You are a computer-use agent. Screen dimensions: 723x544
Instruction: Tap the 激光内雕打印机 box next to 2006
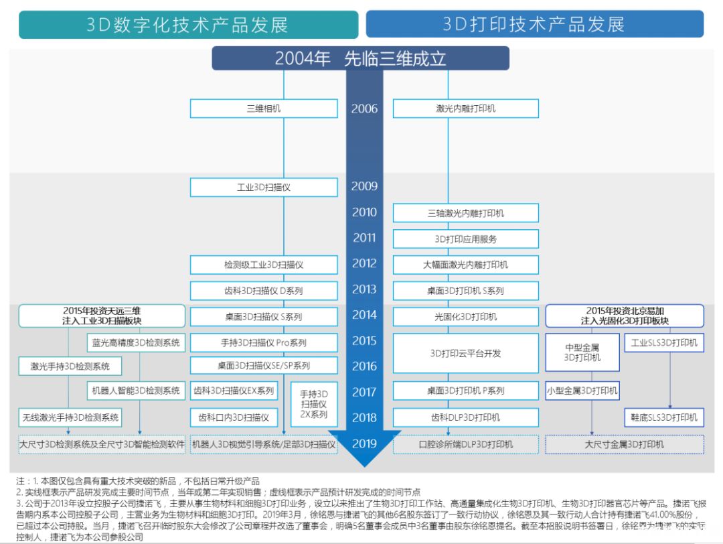point(465,109)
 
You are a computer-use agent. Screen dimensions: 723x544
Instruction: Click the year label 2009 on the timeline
point(364,186)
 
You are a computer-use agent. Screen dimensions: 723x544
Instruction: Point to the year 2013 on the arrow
point(364,289)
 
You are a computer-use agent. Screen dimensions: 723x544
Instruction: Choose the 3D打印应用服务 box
point(465,239)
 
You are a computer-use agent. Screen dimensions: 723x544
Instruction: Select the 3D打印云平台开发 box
point(465,353)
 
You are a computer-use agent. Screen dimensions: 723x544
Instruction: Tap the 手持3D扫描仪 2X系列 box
point(313,404)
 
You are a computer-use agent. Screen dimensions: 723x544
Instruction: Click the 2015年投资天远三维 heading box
point(101,316)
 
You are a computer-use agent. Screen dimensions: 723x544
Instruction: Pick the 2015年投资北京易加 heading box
point(625,316)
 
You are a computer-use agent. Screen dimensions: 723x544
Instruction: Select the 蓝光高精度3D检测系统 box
point(136,343)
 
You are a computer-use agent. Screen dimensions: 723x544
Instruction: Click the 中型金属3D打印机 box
point(582,353)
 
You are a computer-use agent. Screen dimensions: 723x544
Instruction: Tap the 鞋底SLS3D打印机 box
point(664,417)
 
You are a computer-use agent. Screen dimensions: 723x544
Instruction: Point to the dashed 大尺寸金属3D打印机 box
point(625,444)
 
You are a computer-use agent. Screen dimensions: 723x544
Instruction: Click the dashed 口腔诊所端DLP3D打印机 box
point(465,444)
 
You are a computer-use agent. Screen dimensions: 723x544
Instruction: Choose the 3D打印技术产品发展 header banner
point(534,25)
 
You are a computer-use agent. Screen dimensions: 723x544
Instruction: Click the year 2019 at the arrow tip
point(364,444)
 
